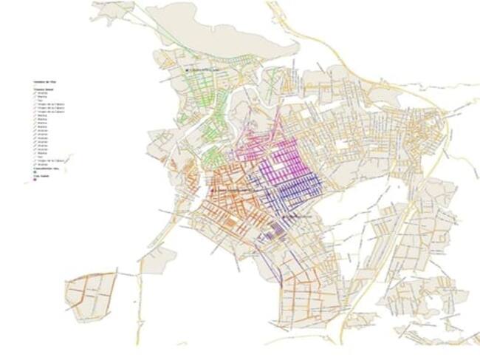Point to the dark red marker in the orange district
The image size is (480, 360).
point(213,191)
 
